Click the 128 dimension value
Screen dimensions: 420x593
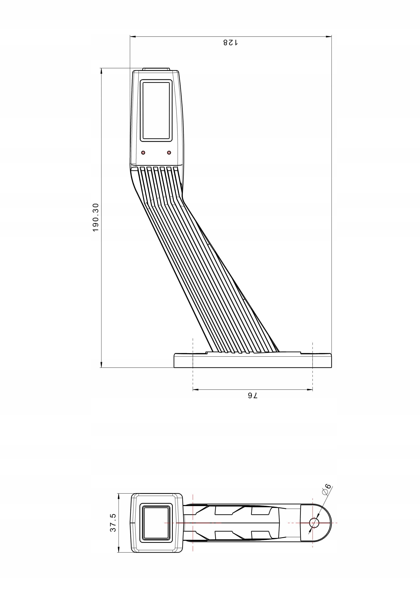pyautogui.click(x=230, y=42)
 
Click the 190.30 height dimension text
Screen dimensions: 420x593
pyautogui.click(x=96, y=218)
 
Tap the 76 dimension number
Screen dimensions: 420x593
pyautogui.click(x=253, y=396)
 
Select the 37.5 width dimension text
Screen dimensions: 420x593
pyautogui.click(x=113, y=523)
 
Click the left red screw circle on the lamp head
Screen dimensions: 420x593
pyautogui.click(x=143, y=153)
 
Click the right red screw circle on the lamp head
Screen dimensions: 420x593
pyautogui.click(x=169, y=153)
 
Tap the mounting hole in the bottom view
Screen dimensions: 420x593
pyautogui.click(x=314, y=523)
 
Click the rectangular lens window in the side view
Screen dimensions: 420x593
pyautogui.click(x=156, y=111)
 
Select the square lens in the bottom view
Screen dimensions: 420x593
pyautogui.click(x=156, y=523)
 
